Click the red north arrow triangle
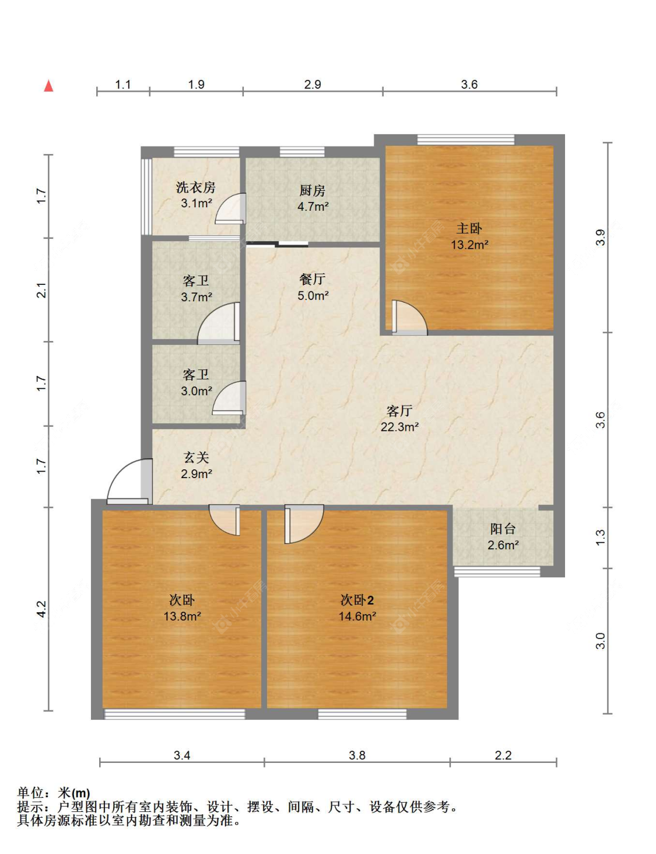tap(48, 86)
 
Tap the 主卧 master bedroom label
tap(469, 228)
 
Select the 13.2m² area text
tap(469, 245)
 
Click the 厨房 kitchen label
tap(313, 190)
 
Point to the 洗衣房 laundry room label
tap(196, 187)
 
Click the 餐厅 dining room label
tap(313, 279)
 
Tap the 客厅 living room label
tap(399, 411)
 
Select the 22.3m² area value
tap(399, 427)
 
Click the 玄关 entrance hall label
tap(197, 458)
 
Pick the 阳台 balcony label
tap(503, 529)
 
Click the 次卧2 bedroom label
tap(357, 599)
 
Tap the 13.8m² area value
tap(182, 616)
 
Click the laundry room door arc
tap(230, 209)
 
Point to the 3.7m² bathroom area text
tap(197, 297)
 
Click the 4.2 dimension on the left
tap(41, 609)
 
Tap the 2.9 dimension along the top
tap(313, 84)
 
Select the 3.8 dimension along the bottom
tap(357, 755)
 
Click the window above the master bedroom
tap(465, 140)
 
